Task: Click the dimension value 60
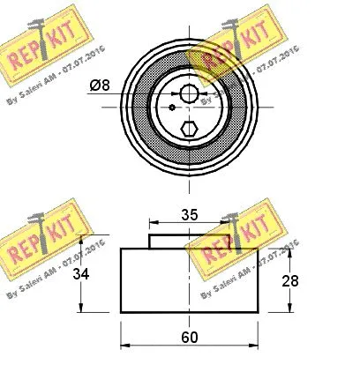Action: [x=187, y=335]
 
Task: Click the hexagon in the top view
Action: [x=187, y=129]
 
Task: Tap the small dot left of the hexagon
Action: [x=171, y=110]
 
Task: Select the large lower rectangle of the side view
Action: [x=187, y=280]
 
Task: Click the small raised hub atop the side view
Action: [x=187, y=241]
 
